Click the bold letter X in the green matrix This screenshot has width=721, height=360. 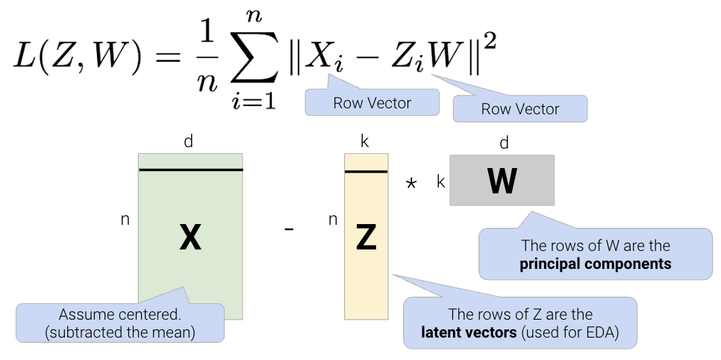190,238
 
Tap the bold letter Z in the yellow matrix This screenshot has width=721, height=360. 366,238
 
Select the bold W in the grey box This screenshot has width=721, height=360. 502,181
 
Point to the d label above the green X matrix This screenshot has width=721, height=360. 189,141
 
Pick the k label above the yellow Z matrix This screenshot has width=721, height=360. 365,141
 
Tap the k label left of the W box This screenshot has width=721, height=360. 440,181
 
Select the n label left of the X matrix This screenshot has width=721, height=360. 125,220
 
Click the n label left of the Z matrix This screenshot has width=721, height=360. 333,220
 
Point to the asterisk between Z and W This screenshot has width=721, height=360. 411,183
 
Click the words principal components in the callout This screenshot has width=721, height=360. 596,264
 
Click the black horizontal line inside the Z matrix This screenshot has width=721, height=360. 366,172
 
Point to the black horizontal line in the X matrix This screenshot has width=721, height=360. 190,170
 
